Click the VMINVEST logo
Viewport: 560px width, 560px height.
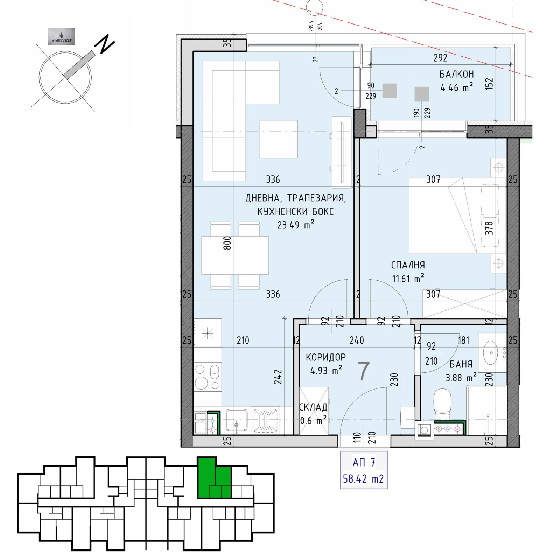point(61,37)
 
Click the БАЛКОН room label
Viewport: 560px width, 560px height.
point(456,74)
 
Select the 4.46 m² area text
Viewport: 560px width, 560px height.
point(456,87)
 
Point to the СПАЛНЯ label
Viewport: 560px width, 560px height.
point(408,265)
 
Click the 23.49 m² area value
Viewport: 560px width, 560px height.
point(296,224)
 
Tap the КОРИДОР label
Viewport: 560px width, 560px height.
point(325,357)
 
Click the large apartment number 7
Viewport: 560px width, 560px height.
point(364,371)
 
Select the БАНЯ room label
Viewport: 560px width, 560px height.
point(461,364)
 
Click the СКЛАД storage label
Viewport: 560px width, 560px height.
point(313,407)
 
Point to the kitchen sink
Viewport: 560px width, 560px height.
point(237,420)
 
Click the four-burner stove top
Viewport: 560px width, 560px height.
point(208,377)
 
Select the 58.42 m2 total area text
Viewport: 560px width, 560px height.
point(363,478)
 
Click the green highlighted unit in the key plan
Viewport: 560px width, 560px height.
point(213,478)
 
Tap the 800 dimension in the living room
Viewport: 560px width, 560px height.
point(227,243)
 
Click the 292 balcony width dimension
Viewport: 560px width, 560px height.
point(440,58)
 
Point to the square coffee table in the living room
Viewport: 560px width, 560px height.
point(279,139)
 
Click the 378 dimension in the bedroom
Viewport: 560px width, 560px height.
point(489,228)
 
